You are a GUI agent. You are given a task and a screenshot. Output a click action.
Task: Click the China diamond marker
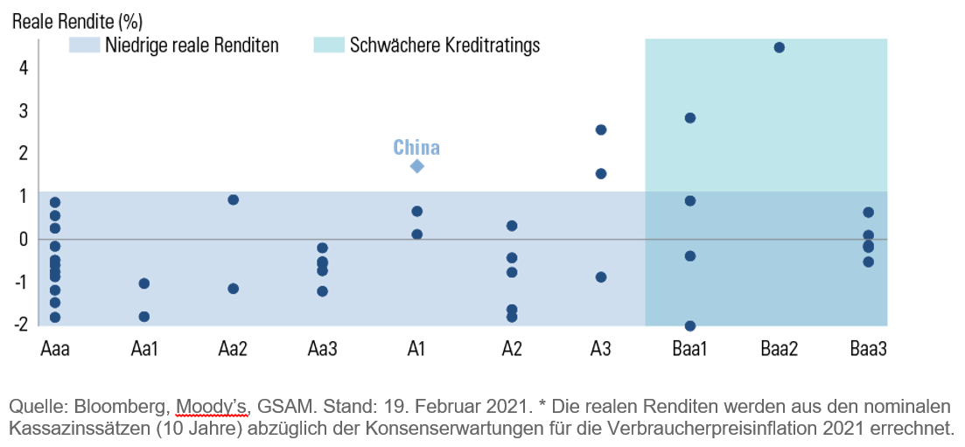(x=416, y=166)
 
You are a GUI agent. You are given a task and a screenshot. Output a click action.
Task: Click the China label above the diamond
(x=416, y=147)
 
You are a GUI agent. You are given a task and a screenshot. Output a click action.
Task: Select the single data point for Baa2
(x=780, y=47)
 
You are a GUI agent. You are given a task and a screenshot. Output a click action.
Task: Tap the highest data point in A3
(x=601, y=129)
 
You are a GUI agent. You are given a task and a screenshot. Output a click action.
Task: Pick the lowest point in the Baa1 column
(x=689, y=325)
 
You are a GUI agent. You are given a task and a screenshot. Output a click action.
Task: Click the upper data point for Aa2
(x=234, y=199)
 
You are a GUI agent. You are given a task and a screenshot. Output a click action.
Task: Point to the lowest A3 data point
(x=601, y=277)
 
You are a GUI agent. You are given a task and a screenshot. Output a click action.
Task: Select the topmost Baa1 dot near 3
(x=689, y=118)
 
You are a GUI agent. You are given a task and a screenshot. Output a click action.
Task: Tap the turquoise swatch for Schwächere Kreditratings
(x=328, y=45)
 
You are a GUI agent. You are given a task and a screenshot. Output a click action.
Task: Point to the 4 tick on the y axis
(x=24, y=67)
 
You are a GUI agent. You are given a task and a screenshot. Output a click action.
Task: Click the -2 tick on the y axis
(x=21, y=324)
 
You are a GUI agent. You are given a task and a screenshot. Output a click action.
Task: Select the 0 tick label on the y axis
(x=24, y=239)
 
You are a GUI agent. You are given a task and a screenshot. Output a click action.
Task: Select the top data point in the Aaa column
(x=55, y=203)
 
